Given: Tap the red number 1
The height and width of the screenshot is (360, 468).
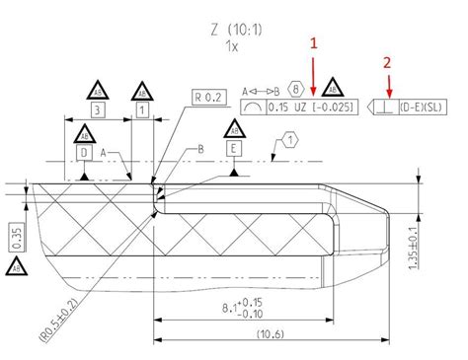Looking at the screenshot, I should (x=314, y=44).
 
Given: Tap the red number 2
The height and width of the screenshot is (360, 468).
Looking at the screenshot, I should (x=387, y=61).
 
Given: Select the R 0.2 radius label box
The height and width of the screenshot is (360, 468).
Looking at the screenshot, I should (x=209, y=98).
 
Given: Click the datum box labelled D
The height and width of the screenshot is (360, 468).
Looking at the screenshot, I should (x=85, y=153).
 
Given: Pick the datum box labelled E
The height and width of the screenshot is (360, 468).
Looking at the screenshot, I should (x=233, y=149).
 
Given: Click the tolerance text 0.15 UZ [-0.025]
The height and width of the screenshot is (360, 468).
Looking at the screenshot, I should (x=310, y=107).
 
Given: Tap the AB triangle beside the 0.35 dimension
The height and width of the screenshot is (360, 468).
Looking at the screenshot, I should (x=16, y=267).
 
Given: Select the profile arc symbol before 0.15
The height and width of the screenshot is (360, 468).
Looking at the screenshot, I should (x=257, y=107).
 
